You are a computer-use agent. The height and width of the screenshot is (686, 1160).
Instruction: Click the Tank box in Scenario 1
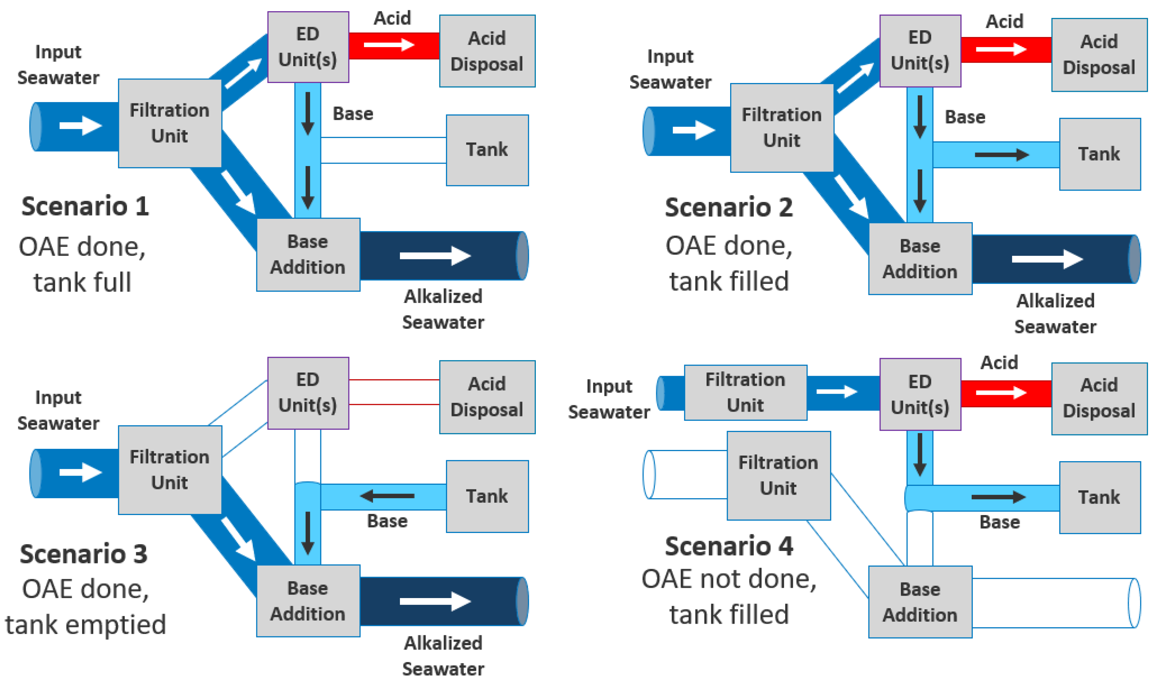487,150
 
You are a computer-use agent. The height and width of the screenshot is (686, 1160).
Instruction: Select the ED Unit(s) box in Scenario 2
920,51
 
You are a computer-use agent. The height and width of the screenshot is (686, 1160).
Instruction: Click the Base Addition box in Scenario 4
920,602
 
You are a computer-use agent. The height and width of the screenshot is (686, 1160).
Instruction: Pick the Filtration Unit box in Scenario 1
170,123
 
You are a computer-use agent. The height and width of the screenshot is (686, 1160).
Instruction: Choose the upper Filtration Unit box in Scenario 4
746,393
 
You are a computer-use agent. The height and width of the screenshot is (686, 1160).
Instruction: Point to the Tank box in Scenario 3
487,496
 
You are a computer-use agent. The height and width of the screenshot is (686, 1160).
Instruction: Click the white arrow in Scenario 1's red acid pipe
389,45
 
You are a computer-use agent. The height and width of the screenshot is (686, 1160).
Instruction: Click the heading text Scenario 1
85,206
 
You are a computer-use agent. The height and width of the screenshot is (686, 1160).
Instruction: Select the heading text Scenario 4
729,546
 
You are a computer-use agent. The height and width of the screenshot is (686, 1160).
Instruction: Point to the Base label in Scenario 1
353,114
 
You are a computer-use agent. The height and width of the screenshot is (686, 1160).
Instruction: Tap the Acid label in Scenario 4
999,362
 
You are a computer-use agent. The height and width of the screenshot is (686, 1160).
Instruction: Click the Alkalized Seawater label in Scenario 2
1055,314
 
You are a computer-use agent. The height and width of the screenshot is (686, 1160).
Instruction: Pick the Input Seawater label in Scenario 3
58,411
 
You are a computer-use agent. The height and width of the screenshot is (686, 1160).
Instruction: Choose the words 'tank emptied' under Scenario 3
86,624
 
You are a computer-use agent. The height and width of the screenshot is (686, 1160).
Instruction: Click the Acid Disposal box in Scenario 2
1099,55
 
